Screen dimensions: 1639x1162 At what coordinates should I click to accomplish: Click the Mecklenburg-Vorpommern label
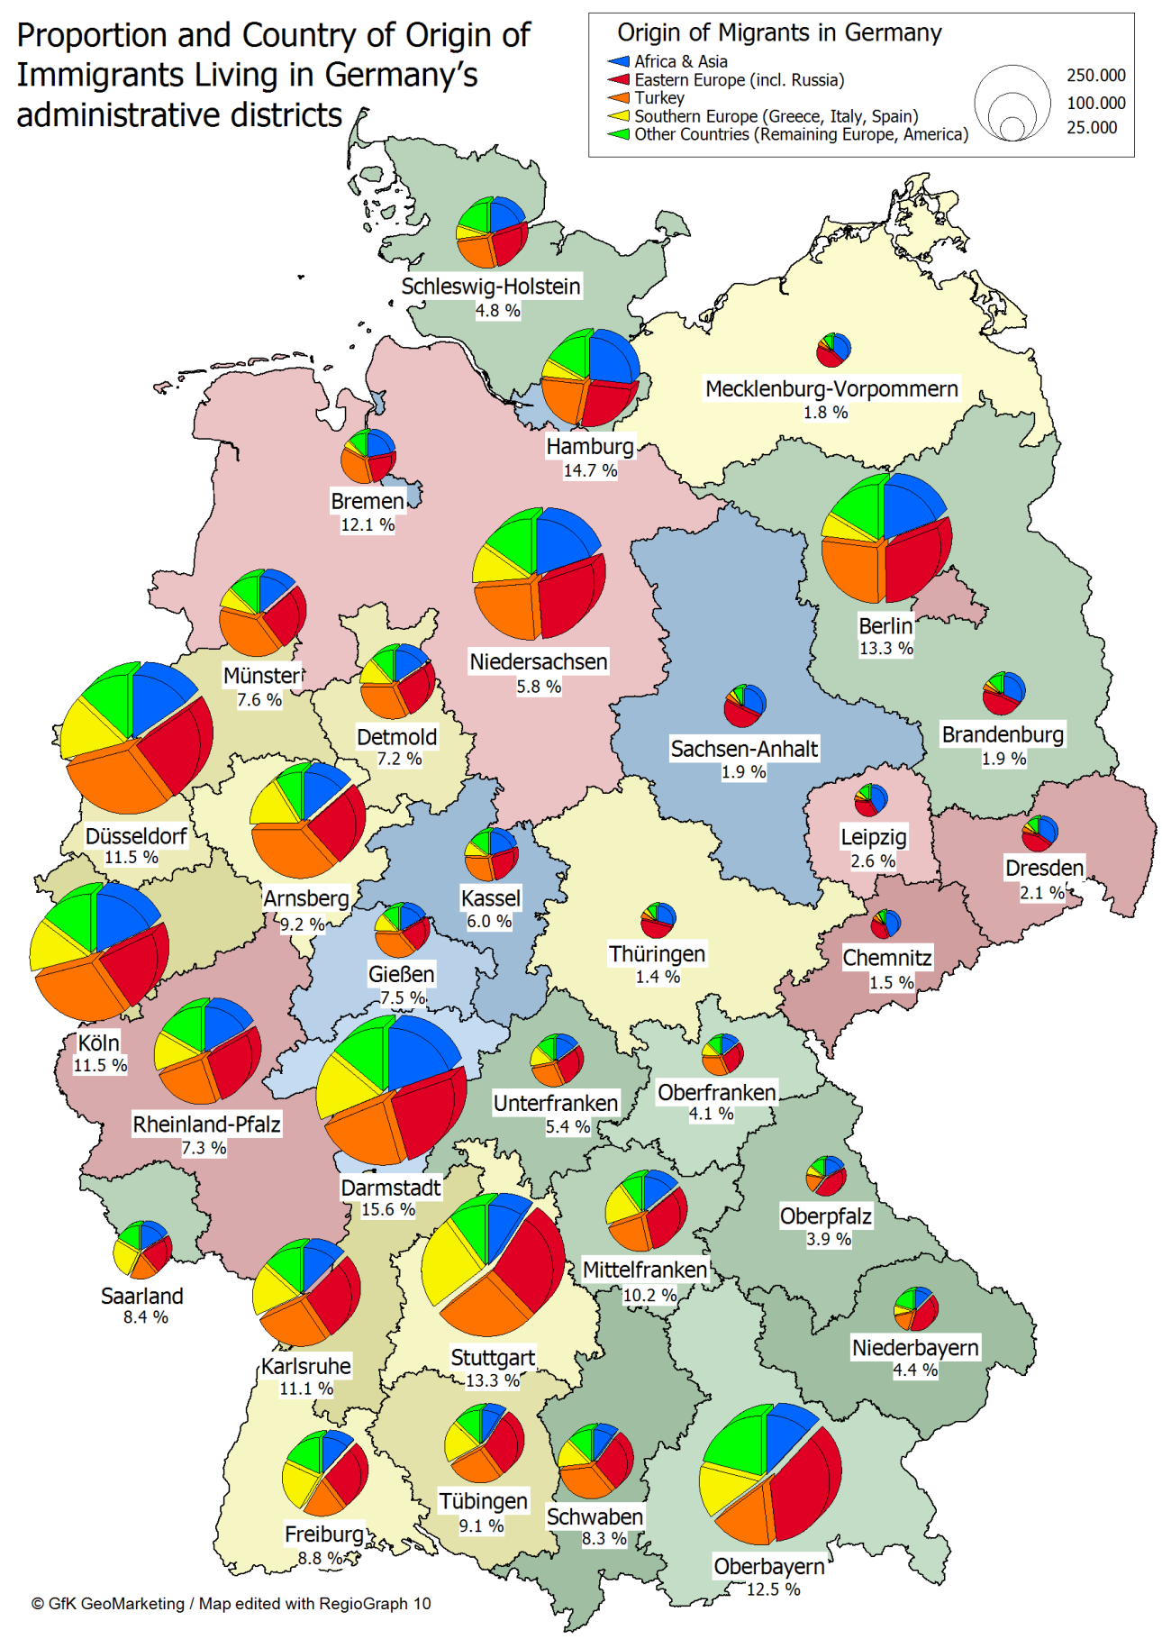click(831, 388)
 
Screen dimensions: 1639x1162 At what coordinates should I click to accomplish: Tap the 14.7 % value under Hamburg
click(590, 470)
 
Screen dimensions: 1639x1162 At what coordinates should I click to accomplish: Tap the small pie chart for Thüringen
click(658, 920)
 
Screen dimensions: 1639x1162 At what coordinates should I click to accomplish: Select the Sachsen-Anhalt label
click(744, 749)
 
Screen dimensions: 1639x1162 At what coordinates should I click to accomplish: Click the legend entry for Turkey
click(658, 97)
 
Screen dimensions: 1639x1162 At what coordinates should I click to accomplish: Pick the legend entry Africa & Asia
click(680, 61)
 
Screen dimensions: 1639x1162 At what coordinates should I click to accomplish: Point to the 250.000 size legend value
click(1095, 76)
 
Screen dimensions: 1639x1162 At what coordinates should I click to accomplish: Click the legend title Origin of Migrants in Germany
click(779, 33)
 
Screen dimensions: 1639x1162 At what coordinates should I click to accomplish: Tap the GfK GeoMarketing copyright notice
click(231, 1603)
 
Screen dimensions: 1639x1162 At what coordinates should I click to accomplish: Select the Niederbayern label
click(914, 1347)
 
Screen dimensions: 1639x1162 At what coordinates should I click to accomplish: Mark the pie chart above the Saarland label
click(142, 1249)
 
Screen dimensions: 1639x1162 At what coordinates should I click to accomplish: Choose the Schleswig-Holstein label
click(491, 286)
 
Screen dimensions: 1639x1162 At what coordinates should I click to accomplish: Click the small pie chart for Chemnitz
click(885, 924)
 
